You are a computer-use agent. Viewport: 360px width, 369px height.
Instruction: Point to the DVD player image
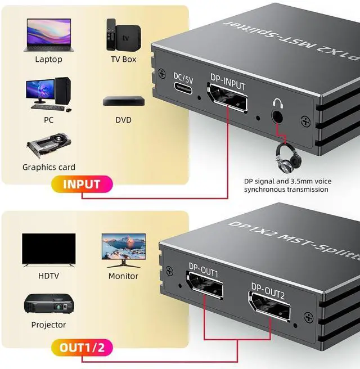[x=124, y=101]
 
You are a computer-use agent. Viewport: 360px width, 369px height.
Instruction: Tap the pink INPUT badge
[x=82, y=184]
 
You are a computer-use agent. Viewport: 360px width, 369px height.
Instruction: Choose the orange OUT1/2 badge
[x=83, y=347]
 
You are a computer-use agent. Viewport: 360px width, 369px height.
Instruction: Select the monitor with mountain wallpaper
[x=123, y=248]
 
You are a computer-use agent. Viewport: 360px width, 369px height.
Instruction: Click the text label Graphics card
[x=48, y=167]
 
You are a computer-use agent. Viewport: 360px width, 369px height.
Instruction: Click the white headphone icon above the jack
[x=277, y=103]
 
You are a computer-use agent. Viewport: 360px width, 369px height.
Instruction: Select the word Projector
[x=48, y=325]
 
